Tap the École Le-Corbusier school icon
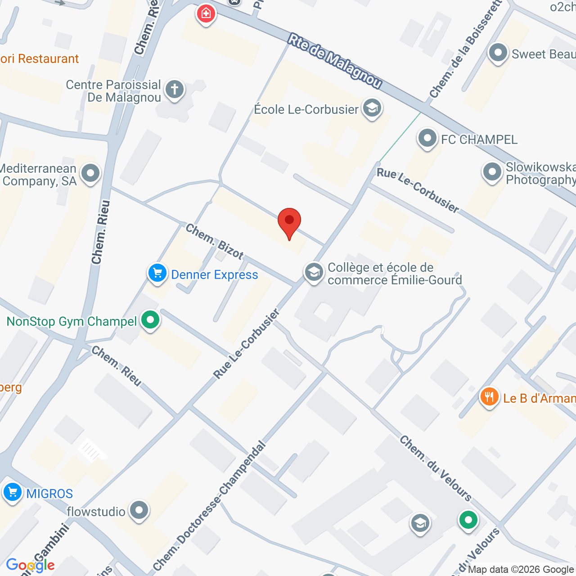tap(372, 108)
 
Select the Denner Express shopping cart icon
tap(157, 273)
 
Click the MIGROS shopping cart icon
tap(12, 492)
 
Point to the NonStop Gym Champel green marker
tap(150, 320)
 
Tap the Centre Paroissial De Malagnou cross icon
tap(175, 89)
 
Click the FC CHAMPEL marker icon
tap(427, 138)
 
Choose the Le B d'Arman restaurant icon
tap(489, 397)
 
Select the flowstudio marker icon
tap(139, 510)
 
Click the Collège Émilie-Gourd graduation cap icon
tap(314, 272)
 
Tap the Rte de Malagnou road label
tap(335, 61)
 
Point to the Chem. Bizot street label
tap(215, 242)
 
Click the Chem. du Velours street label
tap(436, 468)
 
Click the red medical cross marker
tap(206, 13)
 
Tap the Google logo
tap(30, 565)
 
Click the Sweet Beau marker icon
tap(498, 53)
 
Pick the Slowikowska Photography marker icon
tap(492, 172)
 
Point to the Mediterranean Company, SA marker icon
tap(91, 173)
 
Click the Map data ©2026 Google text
tap(521, 570)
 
